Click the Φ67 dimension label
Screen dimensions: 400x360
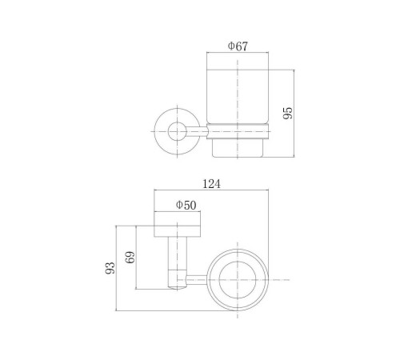click(x=238, y=46)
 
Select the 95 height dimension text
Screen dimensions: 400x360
click(x=288, y=113)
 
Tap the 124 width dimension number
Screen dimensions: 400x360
click(x=212, y=184)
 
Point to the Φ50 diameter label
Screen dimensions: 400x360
click(x=186, y=205)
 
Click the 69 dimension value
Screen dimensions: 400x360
click(x=130, y=257)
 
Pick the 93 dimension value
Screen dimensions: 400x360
click(x=110, y=268)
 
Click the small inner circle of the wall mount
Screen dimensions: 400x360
click(x=178, y=131)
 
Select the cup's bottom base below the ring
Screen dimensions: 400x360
click(x=238, y=148)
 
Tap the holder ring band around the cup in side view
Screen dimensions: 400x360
click(x=238, y=131)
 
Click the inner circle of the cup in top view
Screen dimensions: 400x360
click(x=219, y=280)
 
